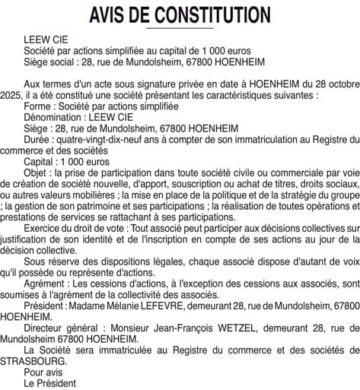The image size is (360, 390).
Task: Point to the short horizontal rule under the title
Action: click(180, 28)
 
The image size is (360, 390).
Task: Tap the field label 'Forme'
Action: click(38, 108)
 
